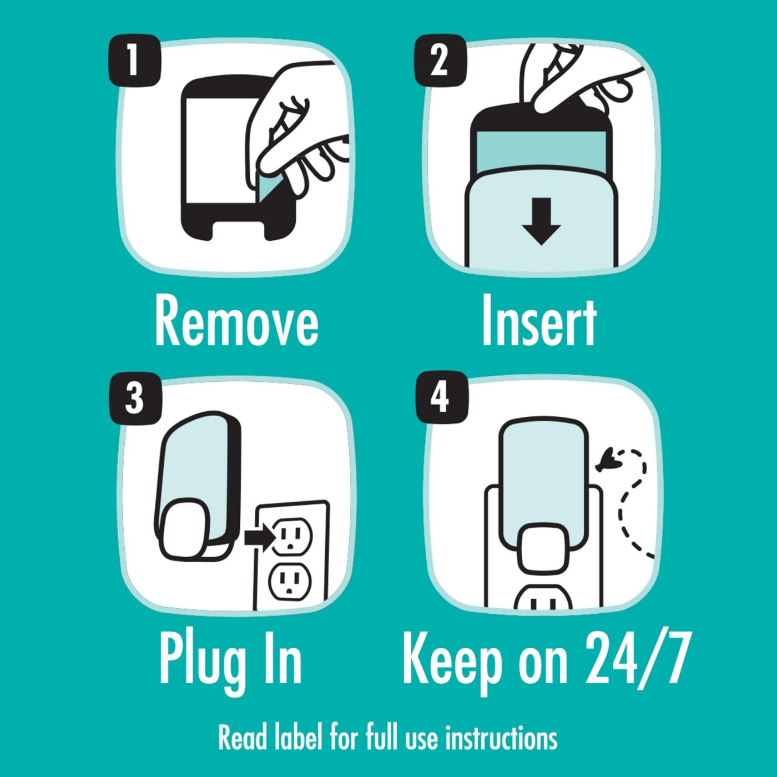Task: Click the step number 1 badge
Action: click(135, 61)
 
